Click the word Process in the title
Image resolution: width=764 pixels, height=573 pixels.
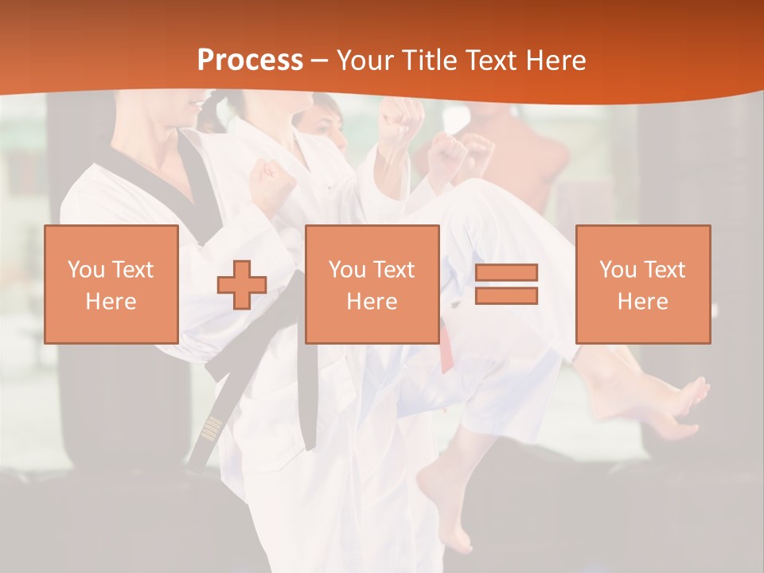pyautogui.click(x=250, y=60)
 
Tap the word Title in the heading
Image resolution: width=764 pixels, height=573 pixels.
pyautogui.click(x=427, y=60)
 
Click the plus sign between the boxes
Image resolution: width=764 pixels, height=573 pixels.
pyautogui.click(x=242, y=285)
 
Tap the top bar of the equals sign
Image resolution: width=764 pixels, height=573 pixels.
pyautogui.click(x=506, y=273)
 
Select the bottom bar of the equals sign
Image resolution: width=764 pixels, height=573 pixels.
pyautogui.click(x=506, y=296)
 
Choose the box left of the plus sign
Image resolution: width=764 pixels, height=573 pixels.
pyautogui.click(x=111, y=285)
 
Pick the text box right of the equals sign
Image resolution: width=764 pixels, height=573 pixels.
pyautogui.click(x=642, y=285)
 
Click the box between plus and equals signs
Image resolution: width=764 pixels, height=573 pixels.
pyautogui.click(x=372, y=285)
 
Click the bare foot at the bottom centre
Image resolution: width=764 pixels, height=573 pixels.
pyautogui.click(x=449, y=509)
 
